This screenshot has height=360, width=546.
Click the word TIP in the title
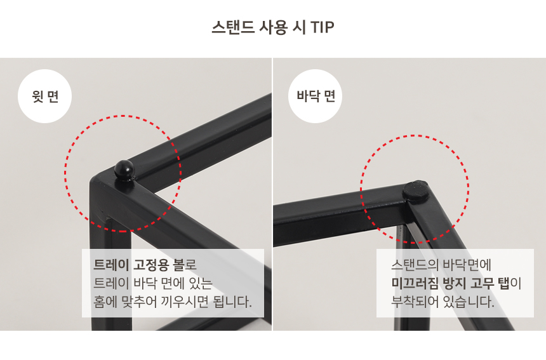coord(322,27)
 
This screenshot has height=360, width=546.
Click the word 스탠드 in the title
coord(233,27)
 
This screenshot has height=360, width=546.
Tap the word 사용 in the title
coord(274,27)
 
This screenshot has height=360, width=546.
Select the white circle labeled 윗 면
coord(44,96)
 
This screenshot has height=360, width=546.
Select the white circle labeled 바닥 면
coord(315,96)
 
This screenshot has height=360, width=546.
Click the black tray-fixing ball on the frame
coord(124,170)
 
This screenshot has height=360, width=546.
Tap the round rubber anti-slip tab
coord(415,190)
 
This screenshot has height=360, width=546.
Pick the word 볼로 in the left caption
coord(185,265)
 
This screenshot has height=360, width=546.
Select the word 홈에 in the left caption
coord(105,302)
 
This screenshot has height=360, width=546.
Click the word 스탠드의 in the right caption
coord(415,265)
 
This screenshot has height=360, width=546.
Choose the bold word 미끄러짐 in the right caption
coord(415,283)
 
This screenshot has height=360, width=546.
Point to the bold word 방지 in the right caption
coord(454,283)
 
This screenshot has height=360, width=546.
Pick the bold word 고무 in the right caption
coord(483,283)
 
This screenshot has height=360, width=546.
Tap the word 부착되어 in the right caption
coord(415,302)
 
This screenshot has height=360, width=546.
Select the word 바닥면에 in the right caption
coord(467,265)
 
